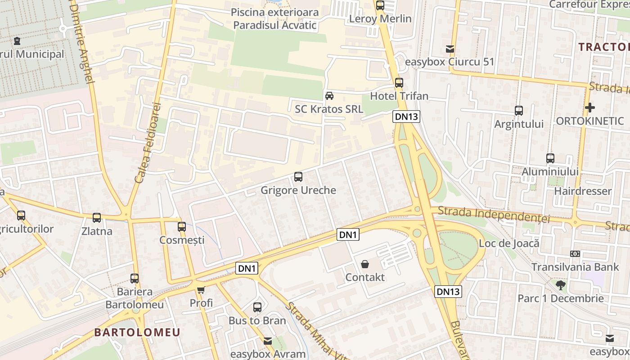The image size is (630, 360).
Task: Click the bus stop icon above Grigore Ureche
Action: point(298,177)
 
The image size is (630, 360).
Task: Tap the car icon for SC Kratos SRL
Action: point(329,96)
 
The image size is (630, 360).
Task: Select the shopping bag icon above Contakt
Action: point(365,264)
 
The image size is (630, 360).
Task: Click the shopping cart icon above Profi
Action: point(201,290)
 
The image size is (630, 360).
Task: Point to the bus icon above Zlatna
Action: point(97,218)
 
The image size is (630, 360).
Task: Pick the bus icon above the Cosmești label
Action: point(182,227)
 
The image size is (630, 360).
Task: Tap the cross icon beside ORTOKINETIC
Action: point(589,108)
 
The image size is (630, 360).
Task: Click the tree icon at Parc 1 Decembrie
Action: point(561,285)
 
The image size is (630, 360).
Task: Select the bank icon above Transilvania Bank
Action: point(575,254)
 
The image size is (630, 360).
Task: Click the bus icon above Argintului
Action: point(519,110)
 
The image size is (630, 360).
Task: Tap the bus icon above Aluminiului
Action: point(550,158)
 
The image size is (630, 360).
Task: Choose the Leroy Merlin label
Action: point(380,18)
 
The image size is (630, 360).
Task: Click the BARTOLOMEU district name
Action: point(137,333)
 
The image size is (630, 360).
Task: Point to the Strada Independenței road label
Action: point(494,214)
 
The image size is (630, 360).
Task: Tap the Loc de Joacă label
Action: point(509,243)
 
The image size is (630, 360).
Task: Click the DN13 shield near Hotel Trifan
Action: point(406,117)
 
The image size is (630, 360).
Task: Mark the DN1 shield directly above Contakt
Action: point(348,234)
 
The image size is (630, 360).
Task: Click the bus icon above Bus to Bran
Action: point(257,307)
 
